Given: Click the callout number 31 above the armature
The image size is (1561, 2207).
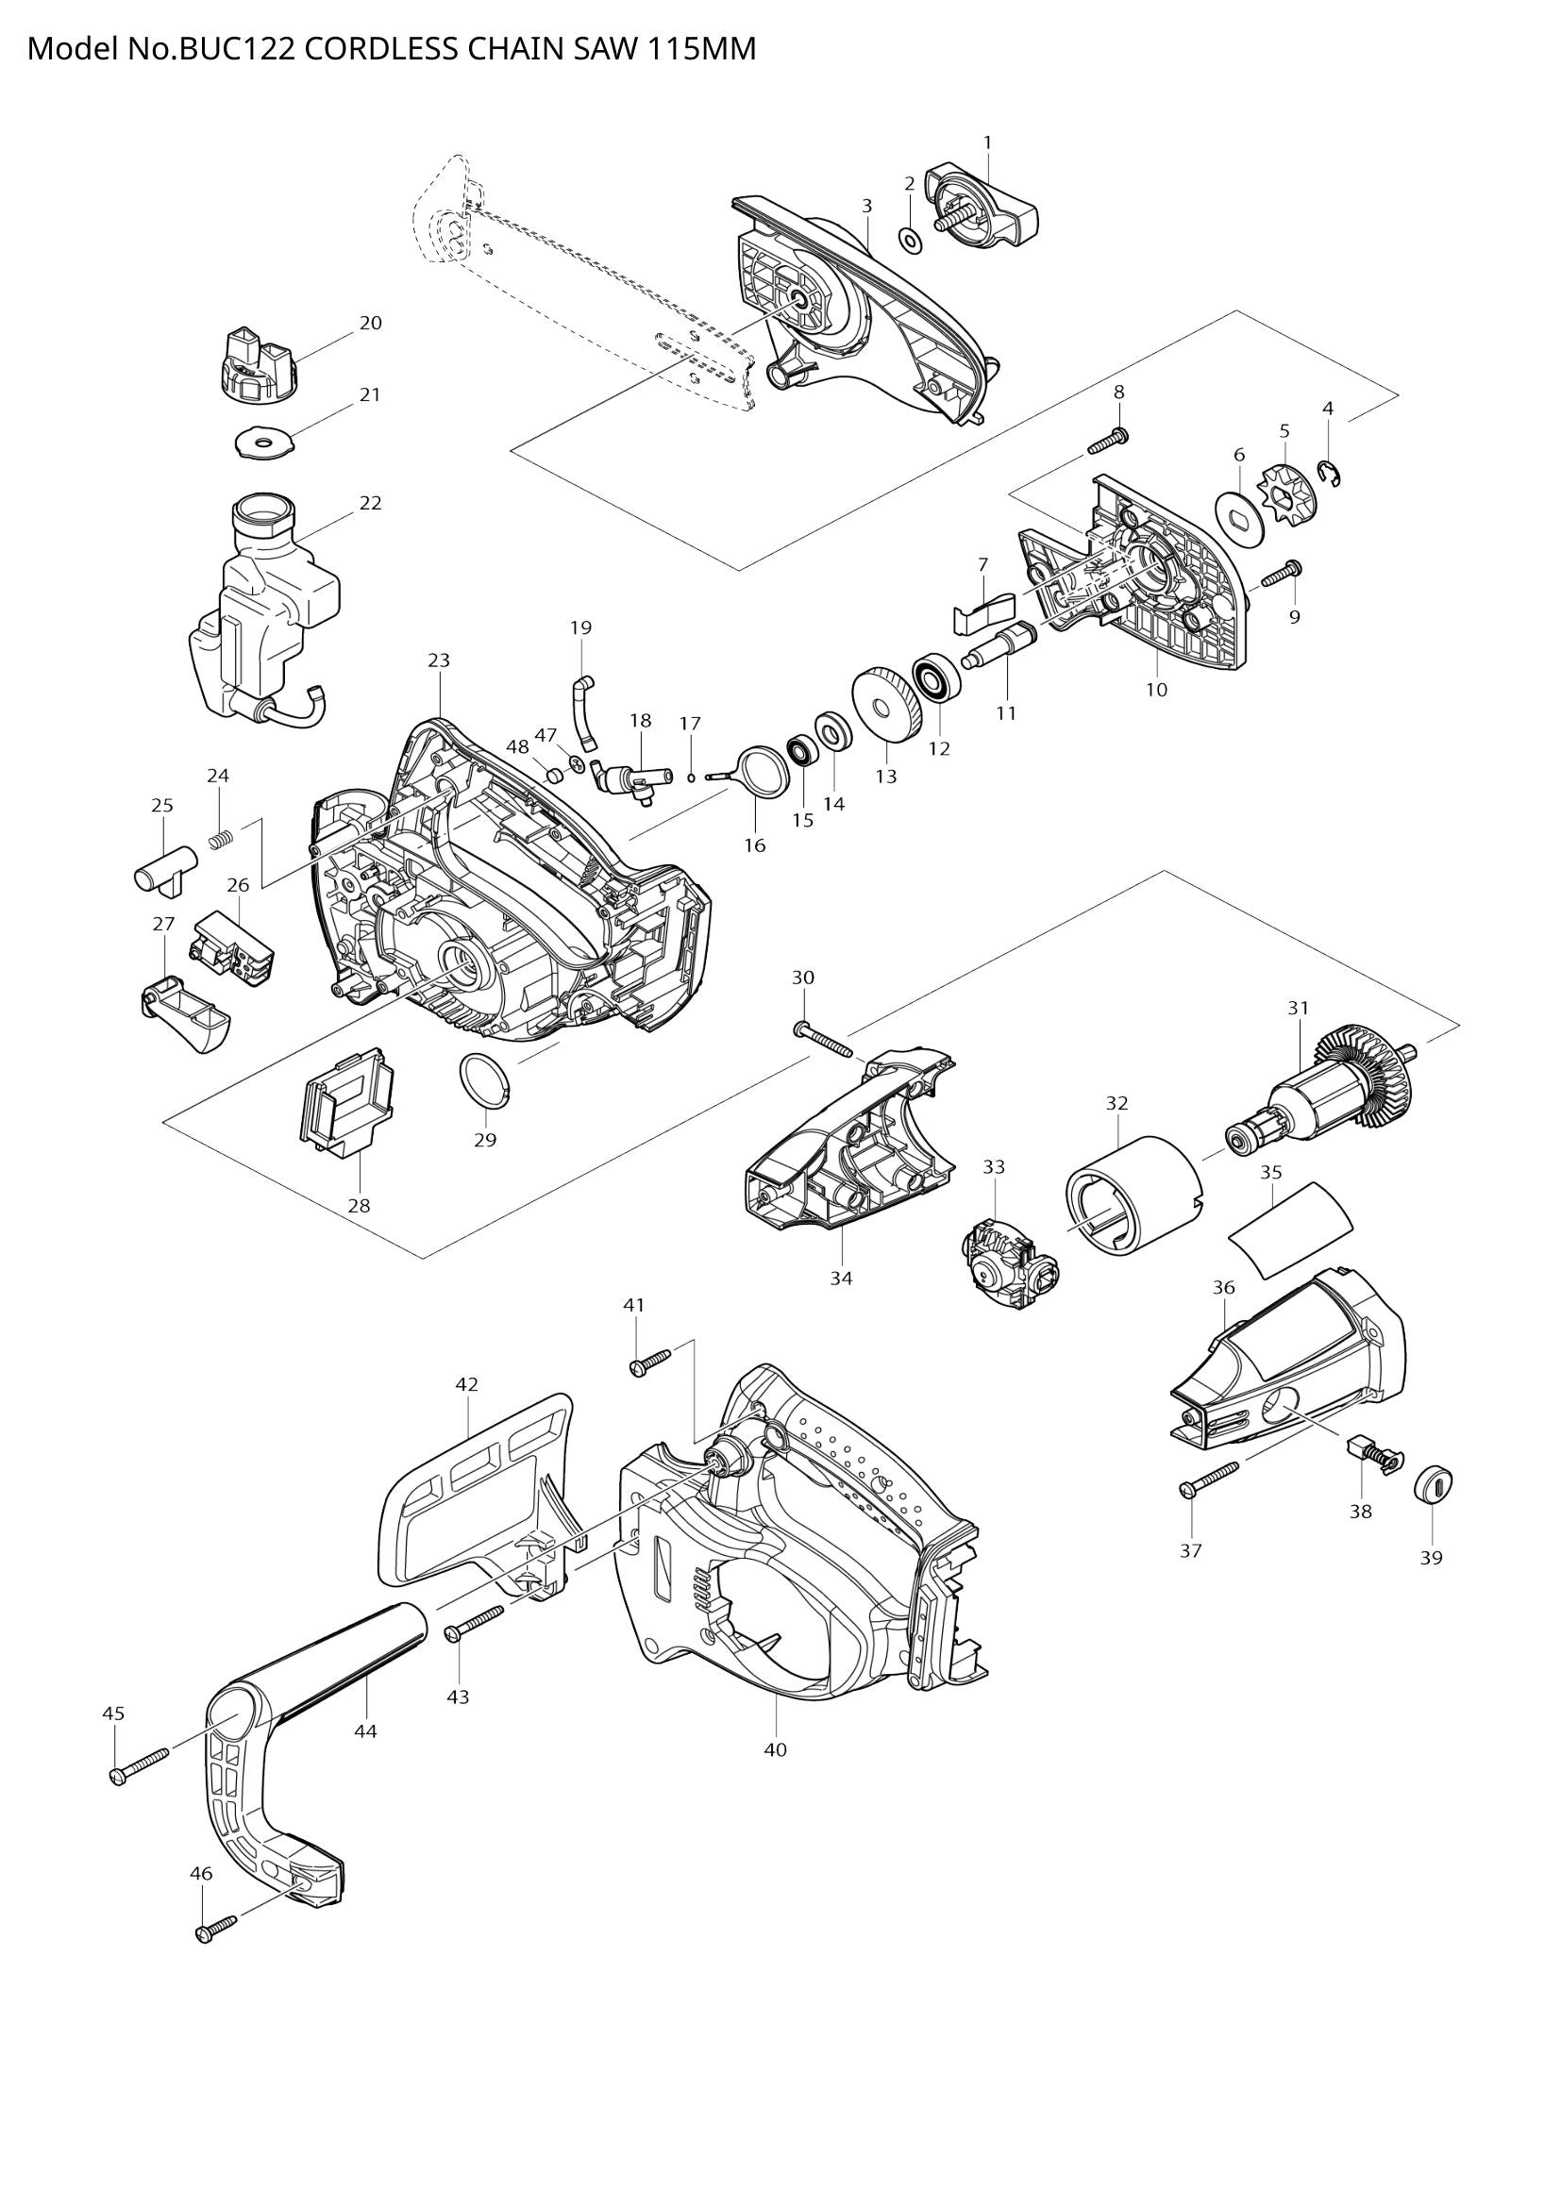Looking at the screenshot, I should click(1299, 1008).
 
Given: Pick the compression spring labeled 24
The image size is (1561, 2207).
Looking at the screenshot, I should click(222, 839).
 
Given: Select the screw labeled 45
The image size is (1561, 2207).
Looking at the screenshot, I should click(138, 1767).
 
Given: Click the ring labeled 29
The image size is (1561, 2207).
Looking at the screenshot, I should click(485, 1079).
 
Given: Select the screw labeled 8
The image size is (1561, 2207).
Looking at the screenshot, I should click(1107, 443).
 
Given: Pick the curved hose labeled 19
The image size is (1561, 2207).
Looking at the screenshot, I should click(582, 712).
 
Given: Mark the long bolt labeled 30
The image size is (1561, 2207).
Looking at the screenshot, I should click(824, 1040).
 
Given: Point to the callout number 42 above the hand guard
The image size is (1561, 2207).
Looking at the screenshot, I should click(466, 1384).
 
